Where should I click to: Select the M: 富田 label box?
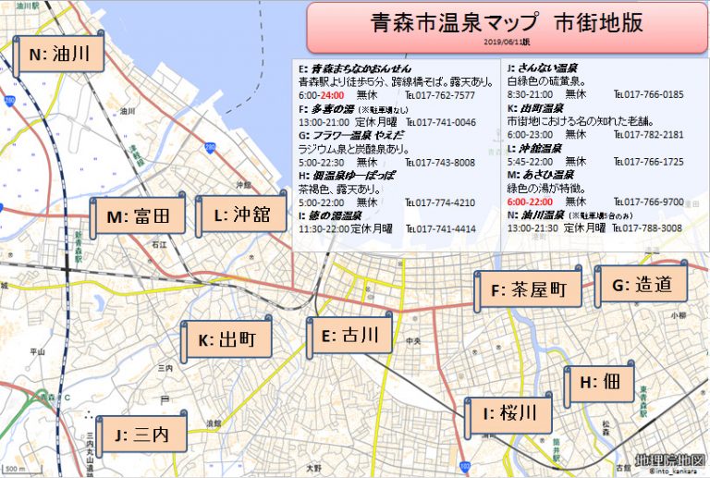click(x=139, y=217)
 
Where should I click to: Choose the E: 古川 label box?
click(x=348, y=337)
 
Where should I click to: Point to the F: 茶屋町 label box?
click(x=529, y=290)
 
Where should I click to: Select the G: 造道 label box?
click(x=642, y=286)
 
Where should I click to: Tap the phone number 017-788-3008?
click(x=651, y=227)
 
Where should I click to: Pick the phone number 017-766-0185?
click(x=651, y=94)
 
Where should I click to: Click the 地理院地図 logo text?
click(x=671, y=460)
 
